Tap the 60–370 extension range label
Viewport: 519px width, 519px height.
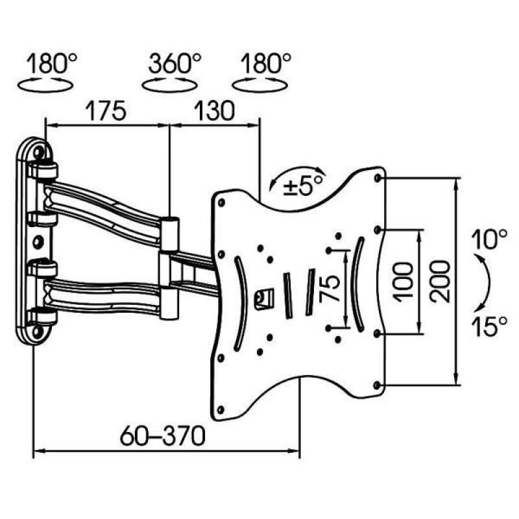[163, 435]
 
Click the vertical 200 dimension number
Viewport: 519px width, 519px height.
[441, 282]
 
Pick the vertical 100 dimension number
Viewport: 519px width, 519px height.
[404, 282]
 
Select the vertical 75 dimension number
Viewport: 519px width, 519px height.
[330, 289]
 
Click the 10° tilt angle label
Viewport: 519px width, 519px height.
[489, 239]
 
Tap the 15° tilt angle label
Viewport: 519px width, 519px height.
[489, 326]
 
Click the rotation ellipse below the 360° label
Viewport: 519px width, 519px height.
[170, 85]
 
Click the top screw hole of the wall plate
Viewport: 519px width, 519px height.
[38, 152]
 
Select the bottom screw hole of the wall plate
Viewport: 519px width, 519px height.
[38, 331]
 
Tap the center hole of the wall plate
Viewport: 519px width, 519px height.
[38, 242]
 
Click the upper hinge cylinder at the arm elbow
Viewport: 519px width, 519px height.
[171, 234]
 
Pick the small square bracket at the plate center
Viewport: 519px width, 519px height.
[264, 299]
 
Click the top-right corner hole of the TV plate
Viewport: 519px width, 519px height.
[377, 178]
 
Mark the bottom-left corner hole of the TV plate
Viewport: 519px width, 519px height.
[221, 409]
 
